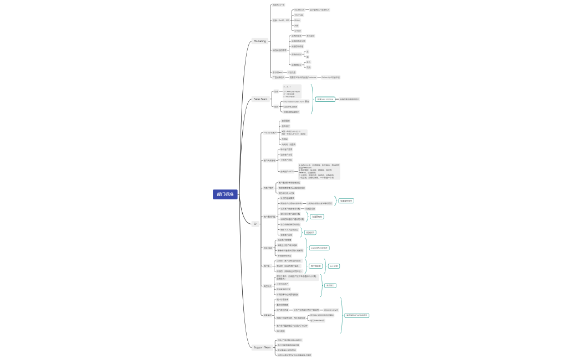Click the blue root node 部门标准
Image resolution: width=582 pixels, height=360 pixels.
(225, 194)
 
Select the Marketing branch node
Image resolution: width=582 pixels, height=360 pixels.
(260, 41)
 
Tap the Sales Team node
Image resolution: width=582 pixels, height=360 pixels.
(261, 99)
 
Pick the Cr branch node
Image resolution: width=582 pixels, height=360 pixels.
(256, 224)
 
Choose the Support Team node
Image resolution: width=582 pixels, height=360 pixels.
(262, 347)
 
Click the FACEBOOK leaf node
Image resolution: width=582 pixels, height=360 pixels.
(299, 10)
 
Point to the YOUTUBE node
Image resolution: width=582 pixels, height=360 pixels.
(298, 15)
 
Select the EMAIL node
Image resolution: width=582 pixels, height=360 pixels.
(297, 20)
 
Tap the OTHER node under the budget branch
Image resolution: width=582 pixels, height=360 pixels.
(298, 30)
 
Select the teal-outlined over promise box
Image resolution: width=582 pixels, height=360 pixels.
(325, 99)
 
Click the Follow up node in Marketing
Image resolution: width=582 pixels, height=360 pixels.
(330, 78)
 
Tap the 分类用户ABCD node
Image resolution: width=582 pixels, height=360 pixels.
(287, 172)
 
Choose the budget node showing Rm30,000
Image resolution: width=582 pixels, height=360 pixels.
(281, 20)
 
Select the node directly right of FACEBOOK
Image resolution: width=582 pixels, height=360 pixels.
(319, 10)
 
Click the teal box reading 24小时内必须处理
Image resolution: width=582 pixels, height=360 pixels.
(319, 248)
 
